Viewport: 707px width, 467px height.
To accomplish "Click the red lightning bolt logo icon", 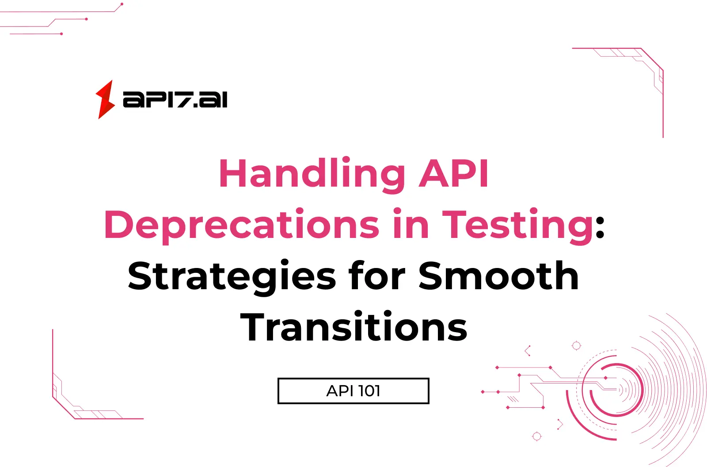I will pyautogui.click(x=105, y=100).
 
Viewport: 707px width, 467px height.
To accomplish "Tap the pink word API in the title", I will pyautogui.click(x=454, y=173).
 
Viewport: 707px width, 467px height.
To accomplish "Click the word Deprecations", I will pyautogui.click(x=242, y=225).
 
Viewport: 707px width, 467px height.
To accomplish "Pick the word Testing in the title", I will pyautogui.click(x=518, y=225).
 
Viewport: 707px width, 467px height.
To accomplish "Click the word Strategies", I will pyautogui.click(x=232, y=276).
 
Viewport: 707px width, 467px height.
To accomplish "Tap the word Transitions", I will pyautogui.click(x=354, y=327).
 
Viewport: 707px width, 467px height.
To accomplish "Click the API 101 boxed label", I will pyautogui.click(x=353, y=391).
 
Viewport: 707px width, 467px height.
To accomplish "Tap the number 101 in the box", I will pyautogui.click(x=369, y=391).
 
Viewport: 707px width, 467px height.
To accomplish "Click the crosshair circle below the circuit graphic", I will pyautogui.click(x=537, y=436).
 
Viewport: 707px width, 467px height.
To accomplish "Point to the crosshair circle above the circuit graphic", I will pyautogui.click(x=577, y=346).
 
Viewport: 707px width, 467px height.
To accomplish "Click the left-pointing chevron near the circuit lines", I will pyautogui.click(x=527, y=351).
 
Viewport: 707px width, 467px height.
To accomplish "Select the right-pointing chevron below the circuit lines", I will pyautogui.click(x=560, y=424).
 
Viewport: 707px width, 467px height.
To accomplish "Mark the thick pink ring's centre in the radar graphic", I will pyautogui.click(x=616, y=390).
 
